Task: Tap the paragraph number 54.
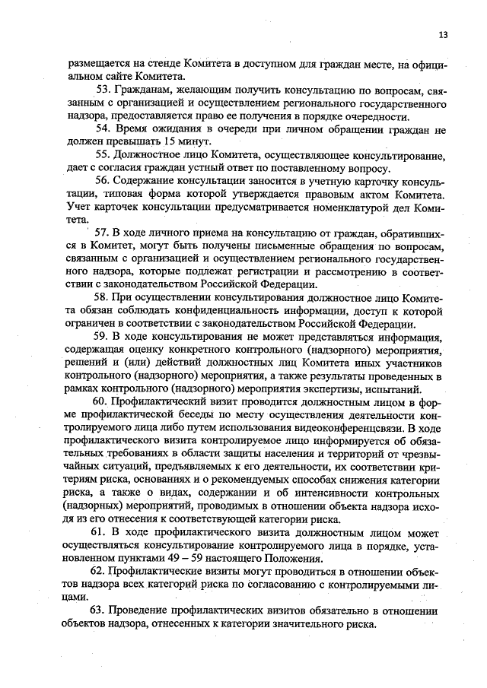[103, 128]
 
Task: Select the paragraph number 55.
[103, 155]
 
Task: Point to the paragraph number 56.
[103, 181]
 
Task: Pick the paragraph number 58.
[103, 296]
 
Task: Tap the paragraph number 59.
[103, 335]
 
